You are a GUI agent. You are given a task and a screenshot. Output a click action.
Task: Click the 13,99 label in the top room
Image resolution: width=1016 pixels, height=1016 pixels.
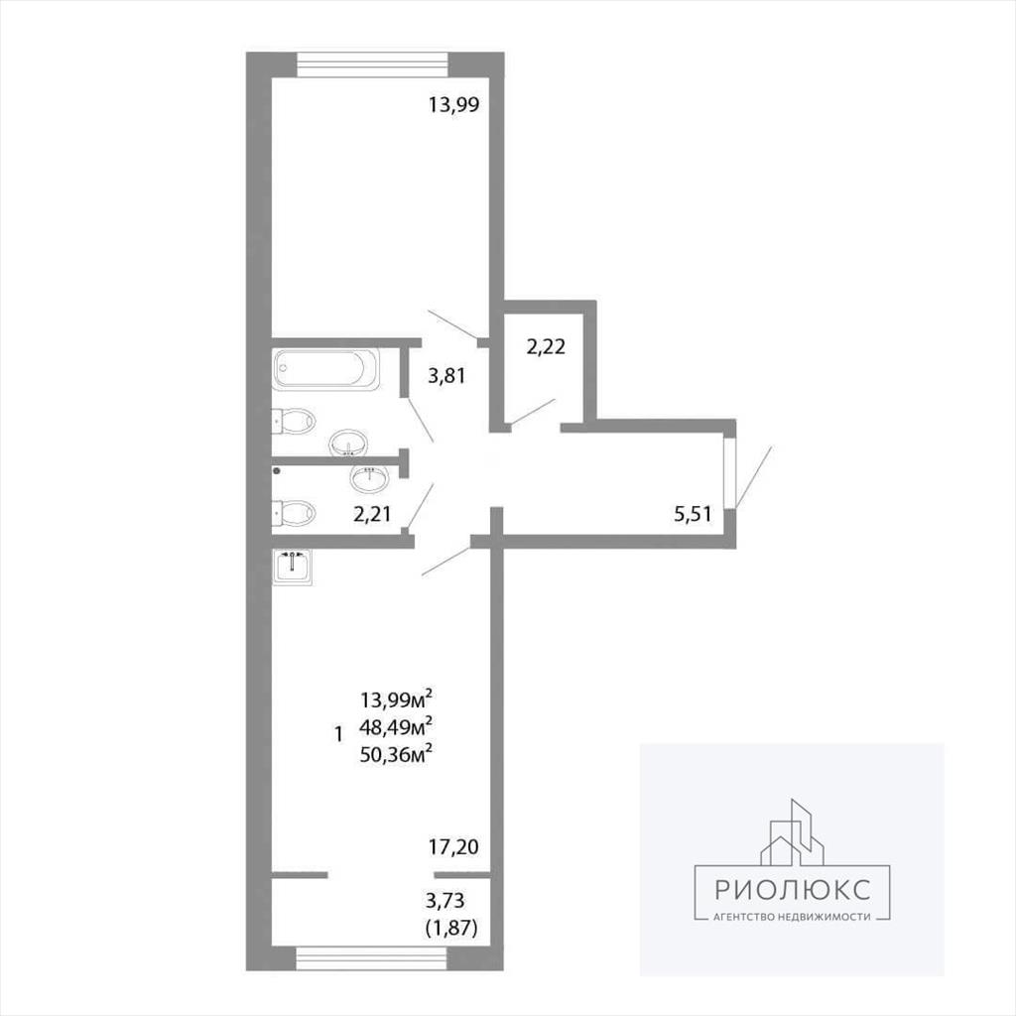coord(453,104)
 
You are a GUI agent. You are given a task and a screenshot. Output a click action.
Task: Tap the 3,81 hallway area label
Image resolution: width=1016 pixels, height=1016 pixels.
coord(446,375)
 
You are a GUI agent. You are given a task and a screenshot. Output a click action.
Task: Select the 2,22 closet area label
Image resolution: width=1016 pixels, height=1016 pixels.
coord(546,346)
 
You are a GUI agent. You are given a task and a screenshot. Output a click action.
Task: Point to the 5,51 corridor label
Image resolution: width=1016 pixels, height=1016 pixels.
coord(693,515)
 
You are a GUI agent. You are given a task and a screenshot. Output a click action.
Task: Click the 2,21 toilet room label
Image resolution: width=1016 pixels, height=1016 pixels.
coord(372,514)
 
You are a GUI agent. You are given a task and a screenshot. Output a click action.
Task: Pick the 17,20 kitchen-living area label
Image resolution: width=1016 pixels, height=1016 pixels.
coord(453,846)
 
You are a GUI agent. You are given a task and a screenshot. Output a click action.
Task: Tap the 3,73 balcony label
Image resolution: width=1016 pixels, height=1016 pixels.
coord(445,900)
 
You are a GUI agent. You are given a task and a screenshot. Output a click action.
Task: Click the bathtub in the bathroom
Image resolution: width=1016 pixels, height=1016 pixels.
coord(325,369)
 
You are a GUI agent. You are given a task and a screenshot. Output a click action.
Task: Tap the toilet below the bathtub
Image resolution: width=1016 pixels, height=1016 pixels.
coord(294,421)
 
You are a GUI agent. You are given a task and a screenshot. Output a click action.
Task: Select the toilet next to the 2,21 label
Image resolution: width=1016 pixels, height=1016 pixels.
coord(294,513)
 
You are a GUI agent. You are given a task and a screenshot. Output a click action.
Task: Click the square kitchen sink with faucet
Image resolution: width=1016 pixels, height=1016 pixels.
coord(293,567)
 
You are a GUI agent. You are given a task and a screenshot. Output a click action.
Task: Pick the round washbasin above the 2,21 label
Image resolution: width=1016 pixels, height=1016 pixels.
coord(370,479)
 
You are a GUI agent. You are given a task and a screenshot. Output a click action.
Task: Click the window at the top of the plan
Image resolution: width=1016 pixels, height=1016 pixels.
coord(373,64)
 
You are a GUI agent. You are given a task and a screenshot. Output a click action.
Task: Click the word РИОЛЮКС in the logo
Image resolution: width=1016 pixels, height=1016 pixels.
coord(793,890)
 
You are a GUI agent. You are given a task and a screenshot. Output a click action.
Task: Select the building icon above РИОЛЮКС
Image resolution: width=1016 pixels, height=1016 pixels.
coord(792,832)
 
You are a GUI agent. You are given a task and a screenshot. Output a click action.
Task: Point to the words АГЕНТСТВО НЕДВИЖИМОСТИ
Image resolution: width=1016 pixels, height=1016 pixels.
coord(792,917)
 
